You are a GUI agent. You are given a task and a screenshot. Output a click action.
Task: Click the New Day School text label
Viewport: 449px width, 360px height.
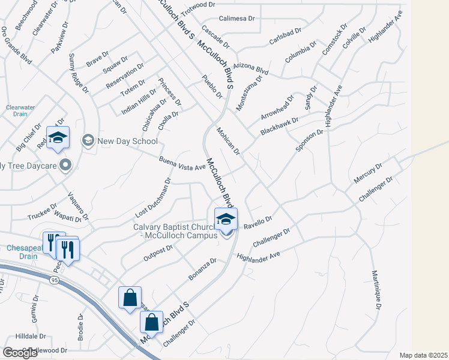tap(127, 141)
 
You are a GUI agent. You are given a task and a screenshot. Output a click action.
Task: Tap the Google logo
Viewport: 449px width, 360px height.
tap(20, 353)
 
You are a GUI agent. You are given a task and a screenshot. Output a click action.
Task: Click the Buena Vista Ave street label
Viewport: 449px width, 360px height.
tap(182, 164)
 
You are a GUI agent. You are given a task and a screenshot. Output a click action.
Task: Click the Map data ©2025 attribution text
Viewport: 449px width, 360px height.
tap(424, 355)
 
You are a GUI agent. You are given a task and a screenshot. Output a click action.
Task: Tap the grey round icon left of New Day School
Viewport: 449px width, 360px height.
tap(88, 141)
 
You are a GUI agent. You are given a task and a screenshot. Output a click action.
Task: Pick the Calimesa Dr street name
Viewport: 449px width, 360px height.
tap(237, 19)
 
